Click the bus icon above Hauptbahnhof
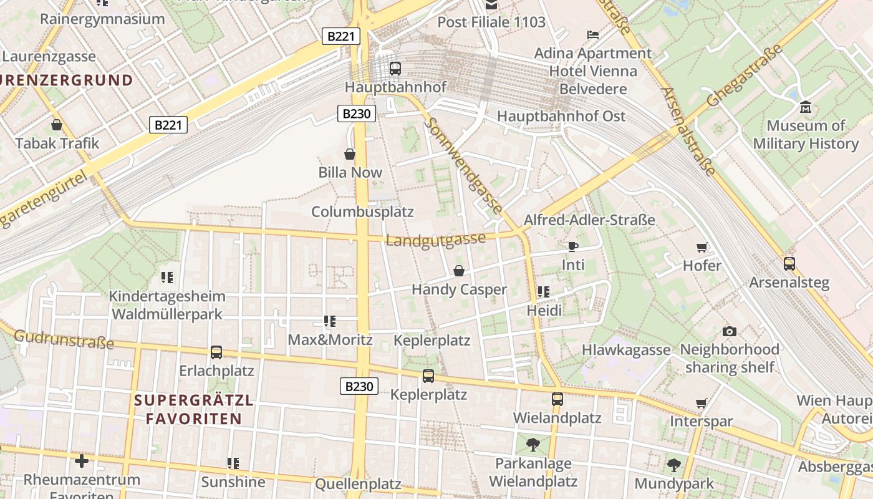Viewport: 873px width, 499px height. point(395,68)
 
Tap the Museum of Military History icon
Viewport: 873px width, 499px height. point(806,107)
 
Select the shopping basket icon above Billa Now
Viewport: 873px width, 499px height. point(350,153)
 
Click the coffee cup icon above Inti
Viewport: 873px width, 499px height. point(573,246)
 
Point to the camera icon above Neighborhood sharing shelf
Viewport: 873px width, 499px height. point(729,331)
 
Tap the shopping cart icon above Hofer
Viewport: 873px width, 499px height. point(702,247)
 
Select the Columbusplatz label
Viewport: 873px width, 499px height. point(362,211)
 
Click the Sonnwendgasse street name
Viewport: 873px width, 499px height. point(463,166)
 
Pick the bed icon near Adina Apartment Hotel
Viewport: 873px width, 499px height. point(592,34)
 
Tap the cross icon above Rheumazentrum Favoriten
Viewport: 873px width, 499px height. point(82,461)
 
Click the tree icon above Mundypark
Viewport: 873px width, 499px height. point(673,465)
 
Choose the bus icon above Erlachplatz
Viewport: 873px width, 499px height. point(216,352)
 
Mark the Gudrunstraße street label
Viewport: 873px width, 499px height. point(64,339)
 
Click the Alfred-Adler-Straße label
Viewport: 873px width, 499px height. point(589,220)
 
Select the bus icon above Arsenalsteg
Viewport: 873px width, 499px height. point(789,264)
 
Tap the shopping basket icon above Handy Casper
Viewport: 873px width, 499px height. point(459,271)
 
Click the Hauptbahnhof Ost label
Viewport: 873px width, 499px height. point(561,116)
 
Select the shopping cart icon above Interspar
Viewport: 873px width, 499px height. point(702,403)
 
